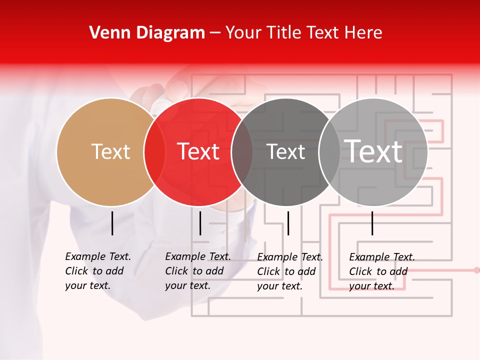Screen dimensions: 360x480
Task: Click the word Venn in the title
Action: pos(107,33)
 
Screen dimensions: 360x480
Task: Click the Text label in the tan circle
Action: pos(110,151)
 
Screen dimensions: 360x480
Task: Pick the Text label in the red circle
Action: pos(198,151)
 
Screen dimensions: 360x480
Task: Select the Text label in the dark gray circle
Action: pos(285,151)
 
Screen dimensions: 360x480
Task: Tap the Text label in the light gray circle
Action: pos(373,151)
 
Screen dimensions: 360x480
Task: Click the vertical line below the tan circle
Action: pos(112,223)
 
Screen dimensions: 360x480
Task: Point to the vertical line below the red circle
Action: pos(200,223)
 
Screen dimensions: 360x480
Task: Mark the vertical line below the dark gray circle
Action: pos(288,223)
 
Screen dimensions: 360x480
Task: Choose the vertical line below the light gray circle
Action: pos(372,223)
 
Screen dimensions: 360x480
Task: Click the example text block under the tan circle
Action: pos(98,271)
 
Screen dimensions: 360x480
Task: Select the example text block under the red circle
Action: pos(198,271)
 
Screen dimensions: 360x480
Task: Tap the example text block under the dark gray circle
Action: pos(290,271)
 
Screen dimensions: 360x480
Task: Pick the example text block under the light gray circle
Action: pos(382,271)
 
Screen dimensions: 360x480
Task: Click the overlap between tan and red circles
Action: pos(154,151)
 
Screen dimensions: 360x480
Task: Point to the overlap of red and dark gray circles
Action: pos(242,151)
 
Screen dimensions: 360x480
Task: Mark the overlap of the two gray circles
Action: pos(329,151)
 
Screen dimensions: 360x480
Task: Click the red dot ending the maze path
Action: pos(476,270)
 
